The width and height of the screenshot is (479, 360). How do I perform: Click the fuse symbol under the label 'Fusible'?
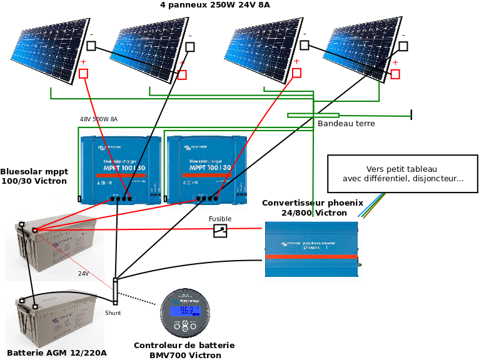click(220, 231)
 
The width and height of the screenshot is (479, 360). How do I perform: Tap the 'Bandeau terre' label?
click(346, 124)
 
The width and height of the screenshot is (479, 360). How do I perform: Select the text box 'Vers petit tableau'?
click(403, 174)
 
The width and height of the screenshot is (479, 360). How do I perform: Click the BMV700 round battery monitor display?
click(185, 312)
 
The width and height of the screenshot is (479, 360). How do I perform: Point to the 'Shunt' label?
click(113, 312)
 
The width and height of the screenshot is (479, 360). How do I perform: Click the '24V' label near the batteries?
click(83, 274)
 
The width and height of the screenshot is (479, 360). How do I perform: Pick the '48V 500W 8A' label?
click(98, 119)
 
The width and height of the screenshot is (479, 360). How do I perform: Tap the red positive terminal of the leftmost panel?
click(83, 73)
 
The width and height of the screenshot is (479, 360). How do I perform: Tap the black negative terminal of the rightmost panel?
click(403, 46)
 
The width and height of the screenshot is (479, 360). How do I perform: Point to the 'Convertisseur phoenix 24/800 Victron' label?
click(313, 207)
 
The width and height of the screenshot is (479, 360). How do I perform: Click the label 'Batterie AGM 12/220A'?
click(57, 353)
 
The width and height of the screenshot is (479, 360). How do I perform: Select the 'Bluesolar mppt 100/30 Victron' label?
click(34, 176)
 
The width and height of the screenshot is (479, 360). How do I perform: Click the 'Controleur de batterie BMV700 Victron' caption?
click(184, 350)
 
